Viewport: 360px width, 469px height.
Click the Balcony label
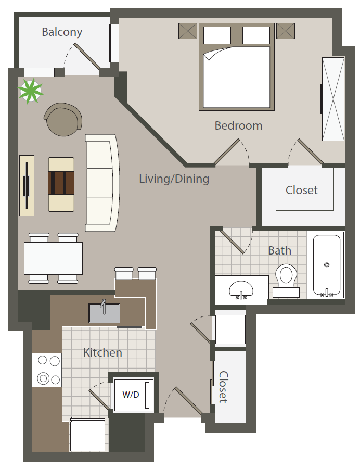pyautogui.click(x=62, y=32)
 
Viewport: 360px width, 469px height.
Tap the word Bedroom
pyautogui.click(x=238, y=125)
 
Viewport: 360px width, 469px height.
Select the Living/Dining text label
pyautogui.click(x=174, y=179)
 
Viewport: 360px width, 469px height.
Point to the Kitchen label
pyautogui.click(x=102, y=352)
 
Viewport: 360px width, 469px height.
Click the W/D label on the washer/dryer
pyautogui.click(x=131, y=395)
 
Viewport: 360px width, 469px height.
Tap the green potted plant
pyautogui.click(x=30, y=91)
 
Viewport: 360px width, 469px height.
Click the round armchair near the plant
pyautogui.click(x=63, y=119)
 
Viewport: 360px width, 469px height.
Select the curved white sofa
pyautogui.click(x=102, y=183)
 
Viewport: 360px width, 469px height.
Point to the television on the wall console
pyautogui.click(x=27, y=185)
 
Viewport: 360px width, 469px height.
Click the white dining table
pyautogui.click(x=53, y=258)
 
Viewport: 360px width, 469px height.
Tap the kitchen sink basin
pyautogui.click(x=104, y=313)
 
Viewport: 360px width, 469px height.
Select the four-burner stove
pyautogui.click(x=47, y=370)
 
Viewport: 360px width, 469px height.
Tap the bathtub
pyautogui.click(x=327, y=265)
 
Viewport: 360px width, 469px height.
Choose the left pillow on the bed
pyautogui.click(x=217, y=35)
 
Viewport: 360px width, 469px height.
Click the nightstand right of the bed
pyautogui.click(x=286, y=31)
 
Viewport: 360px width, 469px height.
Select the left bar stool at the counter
pyautogui.click(x=124, y=273)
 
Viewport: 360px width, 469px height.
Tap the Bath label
pyautogui.click(x=279, y=250)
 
